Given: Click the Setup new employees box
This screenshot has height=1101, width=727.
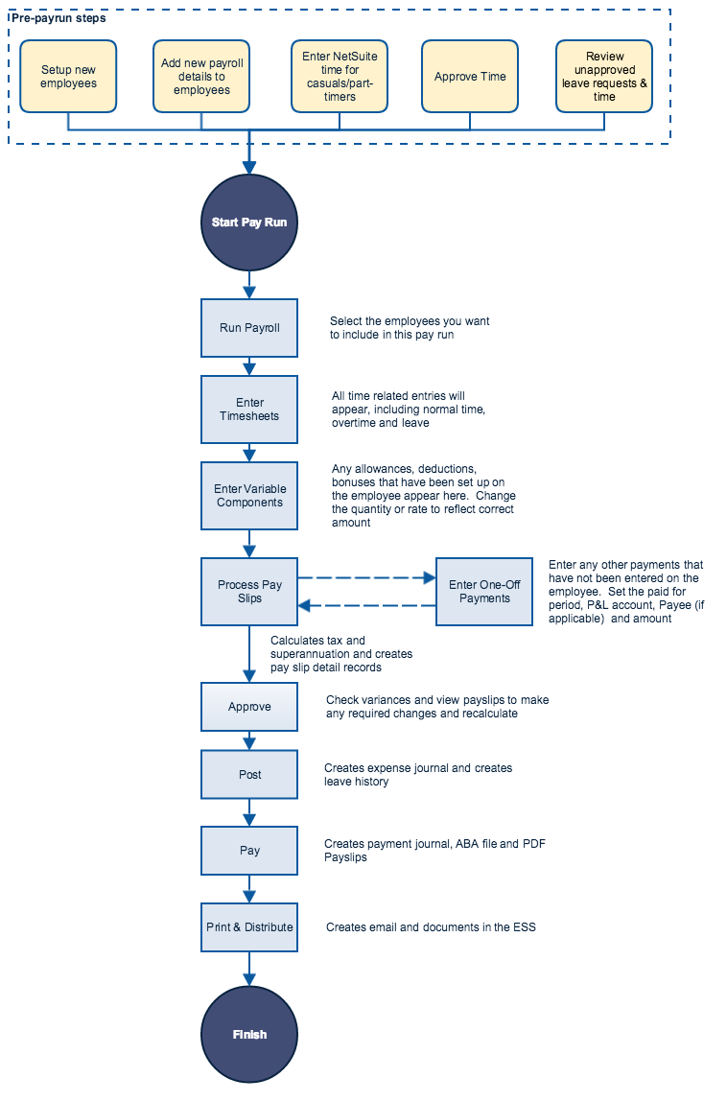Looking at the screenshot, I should pyautogui.click(x=68, y=77).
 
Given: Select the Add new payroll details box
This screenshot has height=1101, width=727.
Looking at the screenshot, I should pyautogui.click(x=201, y=77).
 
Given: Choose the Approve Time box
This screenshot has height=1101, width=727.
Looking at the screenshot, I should pyautogui.click(x=470, y=77).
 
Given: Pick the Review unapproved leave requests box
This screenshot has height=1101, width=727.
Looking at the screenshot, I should pyautogui.click(x=604, y=77).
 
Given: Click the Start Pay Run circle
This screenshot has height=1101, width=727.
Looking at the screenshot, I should pyautogui.click(x=249, y=223).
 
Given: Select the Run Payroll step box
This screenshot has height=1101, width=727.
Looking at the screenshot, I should pyautogui.click(x=249, y=328).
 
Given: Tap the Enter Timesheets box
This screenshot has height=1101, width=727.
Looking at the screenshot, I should pyautogui.click(x=249, y=410).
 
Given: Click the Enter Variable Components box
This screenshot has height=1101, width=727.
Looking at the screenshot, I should pyautogui.click(x=249, y=496).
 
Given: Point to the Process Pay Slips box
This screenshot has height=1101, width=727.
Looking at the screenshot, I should pyautogui.click(x=249, y=592).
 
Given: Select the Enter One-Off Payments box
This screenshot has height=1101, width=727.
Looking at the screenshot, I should pyautogui.click(x=484, y=592).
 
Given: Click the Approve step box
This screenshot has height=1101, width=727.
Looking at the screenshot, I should pyautogui.click(x=249, y=707).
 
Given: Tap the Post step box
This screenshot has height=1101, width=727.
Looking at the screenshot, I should pyautogui.click(x=249, y=775).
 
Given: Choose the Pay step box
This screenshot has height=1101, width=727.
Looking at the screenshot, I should pyautogui.click(x=249, y=851).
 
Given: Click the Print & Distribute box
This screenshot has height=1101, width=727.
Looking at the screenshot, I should pyautogui.click(x=249, y=927).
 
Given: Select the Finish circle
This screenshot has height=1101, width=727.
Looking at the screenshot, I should pyautogui.click(x=249, y=1035).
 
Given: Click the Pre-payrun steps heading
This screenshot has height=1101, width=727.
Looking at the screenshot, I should pyautogui.click(x=59, y=18).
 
